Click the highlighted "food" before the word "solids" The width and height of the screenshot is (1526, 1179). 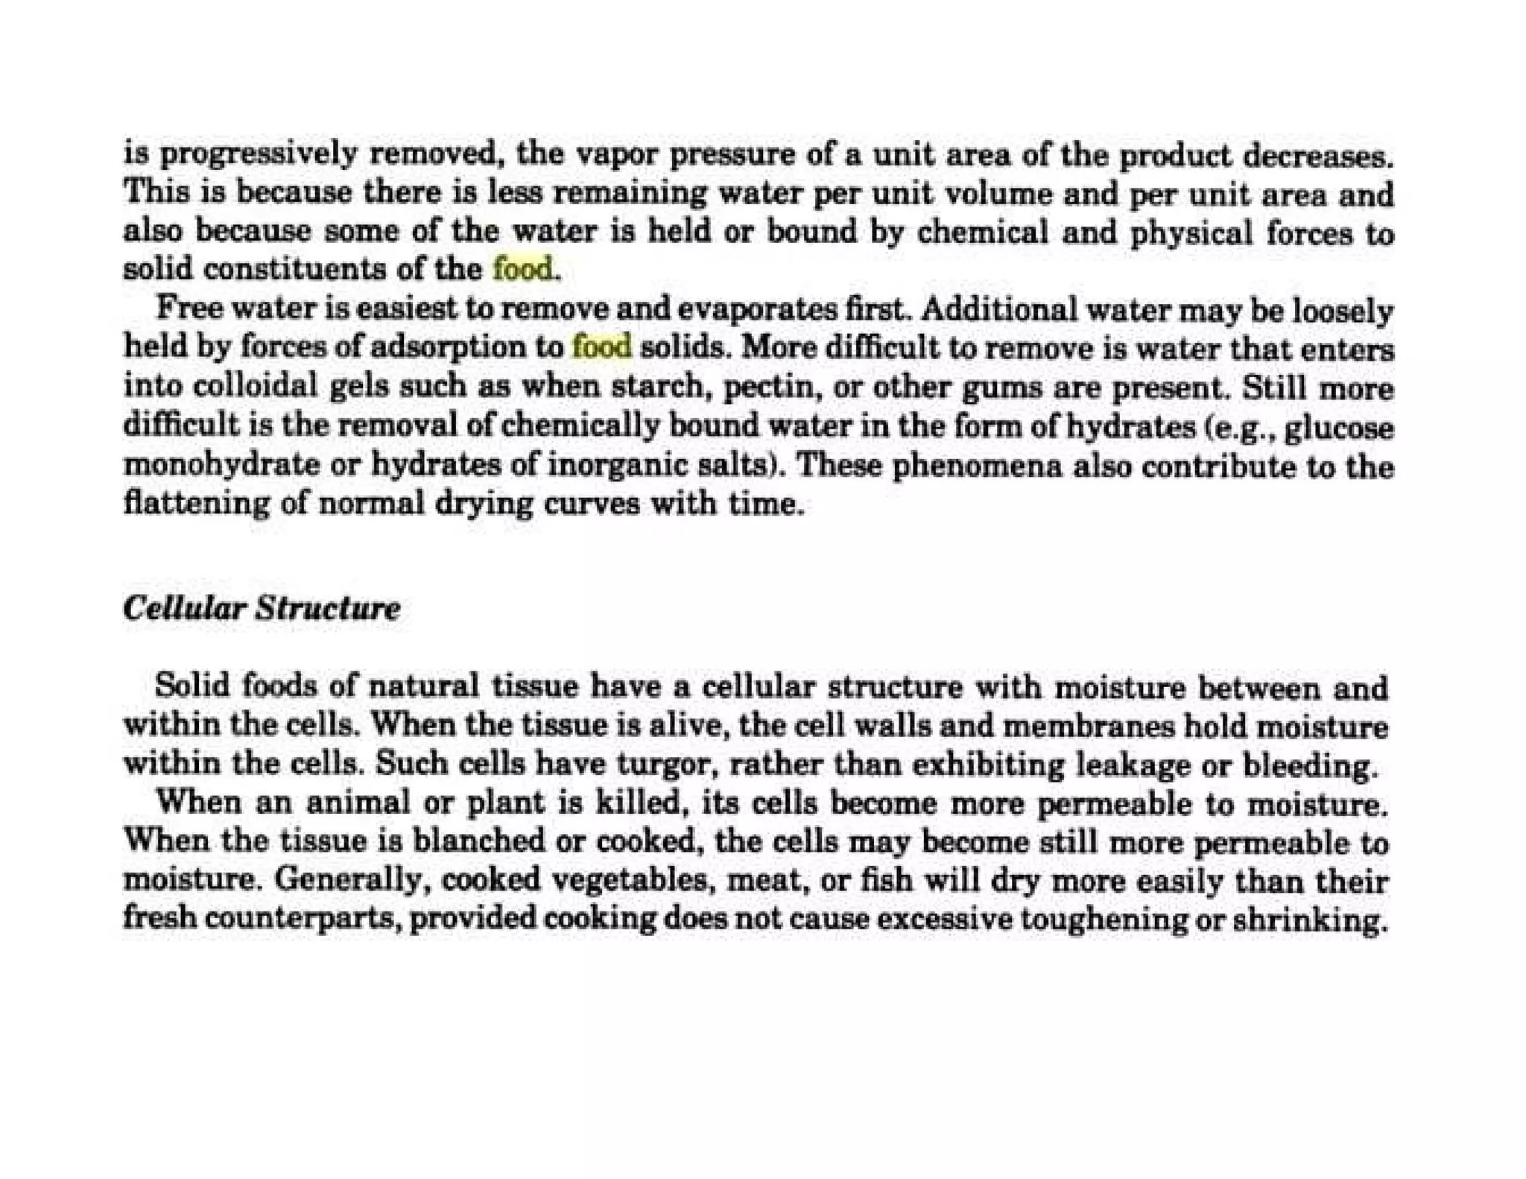(x=601, y=347)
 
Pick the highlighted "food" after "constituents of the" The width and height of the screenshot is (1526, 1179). (x=524, y=269)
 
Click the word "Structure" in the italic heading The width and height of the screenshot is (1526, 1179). (x=327, y=609)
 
